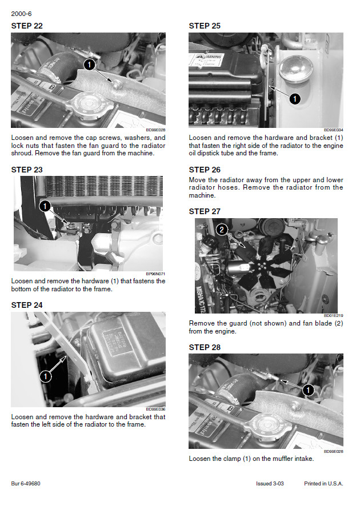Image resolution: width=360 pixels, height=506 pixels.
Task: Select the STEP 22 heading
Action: (x=27, y=26)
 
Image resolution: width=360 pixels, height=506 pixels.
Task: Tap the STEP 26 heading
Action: (x=205, y=170)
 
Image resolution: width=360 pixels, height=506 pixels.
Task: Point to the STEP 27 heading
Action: (x=205, y=211)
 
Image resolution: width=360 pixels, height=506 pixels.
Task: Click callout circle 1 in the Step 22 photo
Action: (x=89, y=65)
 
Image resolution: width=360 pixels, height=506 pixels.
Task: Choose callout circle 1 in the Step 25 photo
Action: (x=294, y=99)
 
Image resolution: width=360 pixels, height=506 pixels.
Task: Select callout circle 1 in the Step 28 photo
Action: (x=307, y=390)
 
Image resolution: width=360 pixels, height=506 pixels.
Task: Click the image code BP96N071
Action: (x=155, y=274)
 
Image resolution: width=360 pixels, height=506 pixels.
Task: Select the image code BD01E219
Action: (x=333, y=315)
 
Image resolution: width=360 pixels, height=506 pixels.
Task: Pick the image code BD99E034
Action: (x=333, y=130)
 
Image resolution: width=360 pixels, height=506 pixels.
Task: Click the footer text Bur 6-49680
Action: (x=26, y=484)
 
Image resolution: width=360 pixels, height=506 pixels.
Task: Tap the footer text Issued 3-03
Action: (x=270, y=484)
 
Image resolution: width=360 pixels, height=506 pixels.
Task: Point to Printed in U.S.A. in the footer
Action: (x=323, y=484)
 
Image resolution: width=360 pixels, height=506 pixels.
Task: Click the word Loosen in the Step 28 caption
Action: (x=200, y=459)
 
